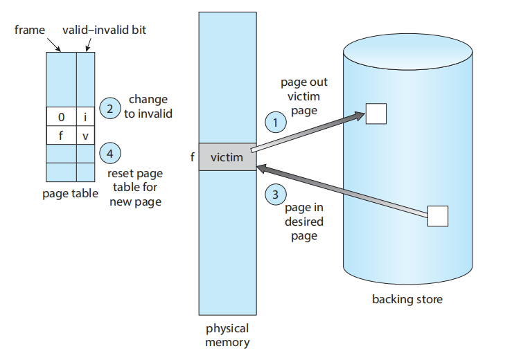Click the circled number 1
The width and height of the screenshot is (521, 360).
point(276,122)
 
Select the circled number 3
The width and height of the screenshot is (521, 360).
point(276,195)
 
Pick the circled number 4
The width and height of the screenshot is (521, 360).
point(109,152)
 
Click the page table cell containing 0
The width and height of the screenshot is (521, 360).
point(61,117)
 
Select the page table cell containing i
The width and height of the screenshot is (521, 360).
point(85,117)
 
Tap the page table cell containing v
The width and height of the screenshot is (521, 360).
point(85,136)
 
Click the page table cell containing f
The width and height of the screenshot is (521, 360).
point(61,136)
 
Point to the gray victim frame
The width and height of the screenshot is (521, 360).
point(227,157)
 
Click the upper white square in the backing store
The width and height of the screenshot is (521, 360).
point(376,113)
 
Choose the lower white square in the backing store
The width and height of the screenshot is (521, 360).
point(438,216)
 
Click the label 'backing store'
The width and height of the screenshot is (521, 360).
point(407,300)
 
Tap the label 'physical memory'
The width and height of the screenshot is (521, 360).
point(227,335)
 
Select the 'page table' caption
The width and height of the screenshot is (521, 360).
point(71,193)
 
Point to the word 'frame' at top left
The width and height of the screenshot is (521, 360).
point(30,31)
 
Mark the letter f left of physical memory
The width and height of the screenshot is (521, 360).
point(192,158)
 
